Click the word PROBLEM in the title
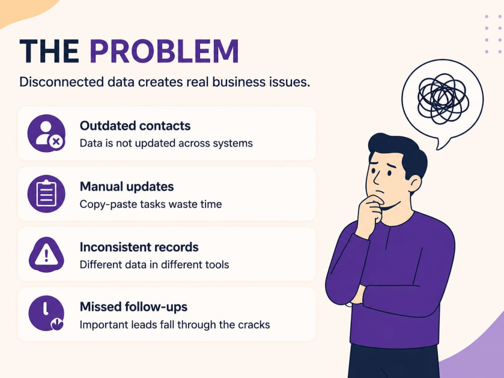click(x=164, y=51)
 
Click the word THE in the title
click(x=49, y=51)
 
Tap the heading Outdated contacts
click(x=135, y=125)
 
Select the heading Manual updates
click(x=127, y=186)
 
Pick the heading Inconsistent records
click(x=139, y=247)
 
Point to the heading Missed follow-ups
click(x=134, y=307)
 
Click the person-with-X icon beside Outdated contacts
click(x=46, y=133)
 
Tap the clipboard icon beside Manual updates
click(x=46, y=194)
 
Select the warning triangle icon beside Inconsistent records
click(x=46, y=254)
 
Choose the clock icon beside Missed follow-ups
click(x=46, y=313)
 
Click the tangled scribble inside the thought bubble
click(x=443, y=98)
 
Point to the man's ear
click(x=414, y=183)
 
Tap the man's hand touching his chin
click(x=370, y=214)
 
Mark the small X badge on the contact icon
click(x=56, y=142)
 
